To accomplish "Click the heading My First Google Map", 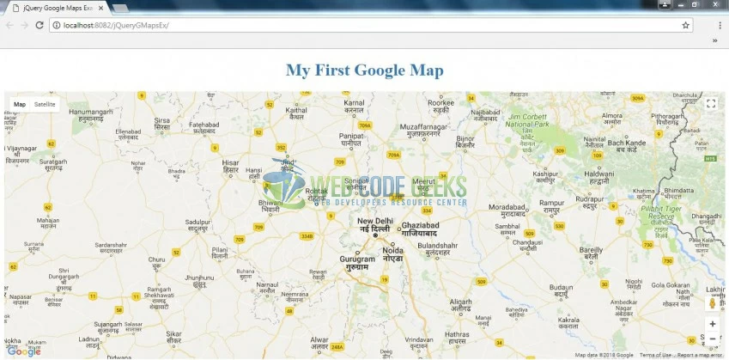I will tap(365, 70).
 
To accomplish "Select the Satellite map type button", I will tap(45, 104).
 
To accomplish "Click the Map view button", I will tap(20, 104).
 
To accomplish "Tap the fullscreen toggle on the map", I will tap(711, 104).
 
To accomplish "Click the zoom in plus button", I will tap(712, 324).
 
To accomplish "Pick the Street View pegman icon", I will tap(712, 302).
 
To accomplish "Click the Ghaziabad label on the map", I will tap(421, 225).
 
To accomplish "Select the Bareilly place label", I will tap(586, 250).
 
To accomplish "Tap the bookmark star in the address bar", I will tap(685, 25).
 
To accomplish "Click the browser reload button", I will tap(39, 25).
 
